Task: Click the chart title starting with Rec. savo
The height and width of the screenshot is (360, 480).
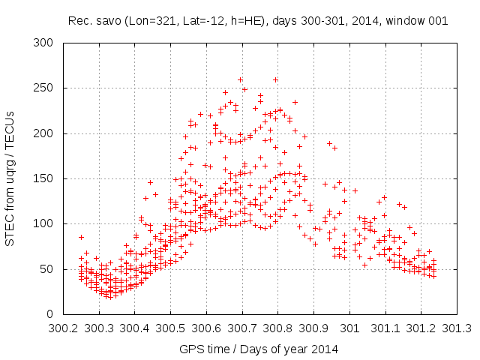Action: pyautogui.click(x=257, y=21)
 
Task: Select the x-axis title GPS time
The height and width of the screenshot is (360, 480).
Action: pyautogui.click(x=257, y=349)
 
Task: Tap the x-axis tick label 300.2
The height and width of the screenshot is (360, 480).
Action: pyautogui.click(x=63, y=328)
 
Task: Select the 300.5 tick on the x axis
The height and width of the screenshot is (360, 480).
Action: pyautogui.click(x=170, y=328)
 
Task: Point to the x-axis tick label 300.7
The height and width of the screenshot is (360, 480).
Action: pyautogui.click(x=242, y=328)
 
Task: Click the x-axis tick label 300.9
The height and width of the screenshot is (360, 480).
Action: pyautogui.click(x=313, y=328)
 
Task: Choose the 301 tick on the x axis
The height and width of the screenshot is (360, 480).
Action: pyautogui.click(x=349, y=328)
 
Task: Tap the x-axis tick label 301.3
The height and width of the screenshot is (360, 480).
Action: pyautogui.click(x=457, y=328)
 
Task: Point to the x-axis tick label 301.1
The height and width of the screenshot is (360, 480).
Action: pyautogui.click(x=385, y=328)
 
